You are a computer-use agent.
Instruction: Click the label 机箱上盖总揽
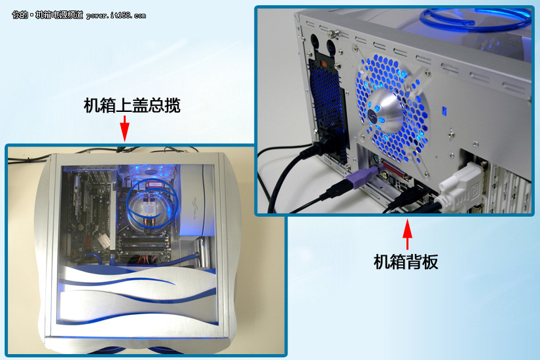[x=132, y=105]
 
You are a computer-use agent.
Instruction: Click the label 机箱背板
[x=406, y=262]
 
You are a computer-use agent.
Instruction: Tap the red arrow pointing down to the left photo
[x=124, y=128]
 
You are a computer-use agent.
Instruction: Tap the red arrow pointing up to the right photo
[x=407, y=234]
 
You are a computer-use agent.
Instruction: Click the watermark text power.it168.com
[x=116, y=16]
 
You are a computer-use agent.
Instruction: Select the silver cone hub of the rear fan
[x=386, y=110]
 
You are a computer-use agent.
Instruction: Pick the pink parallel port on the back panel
[x=396, y=171]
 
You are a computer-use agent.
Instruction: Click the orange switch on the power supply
[x=324, y=64]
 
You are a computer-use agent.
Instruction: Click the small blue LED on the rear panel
[x=444, y=111]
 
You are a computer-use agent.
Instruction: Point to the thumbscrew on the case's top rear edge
[x=333, y=34]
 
